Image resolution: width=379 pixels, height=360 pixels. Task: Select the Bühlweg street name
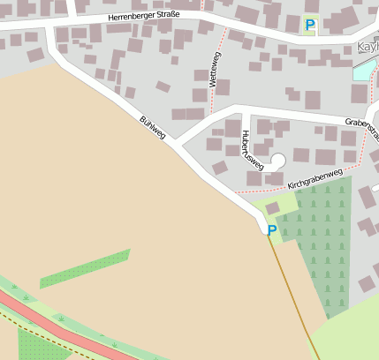[x=152, y=126]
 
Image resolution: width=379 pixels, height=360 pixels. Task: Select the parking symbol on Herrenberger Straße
[x=309, y=25]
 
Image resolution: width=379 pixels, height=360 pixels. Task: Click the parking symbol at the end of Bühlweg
[x=272, y=230]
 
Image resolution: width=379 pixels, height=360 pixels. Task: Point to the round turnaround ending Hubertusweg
[x=277, y=161]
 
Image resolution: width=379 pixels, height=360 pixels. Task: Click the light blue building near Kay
[x=363, y=70]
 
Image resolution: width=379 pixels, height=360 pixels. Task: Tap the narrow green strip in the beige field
[x=86, y=268]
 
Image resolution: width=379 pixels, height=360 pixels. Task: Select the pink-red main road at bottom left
[x=53, y=326]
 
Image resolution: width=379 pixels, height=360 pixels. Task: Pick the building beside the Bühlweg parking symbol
[x=272, y=208]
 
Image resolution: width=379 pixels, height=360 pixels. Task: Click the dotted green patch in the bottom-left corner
[x=35, y=347]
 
